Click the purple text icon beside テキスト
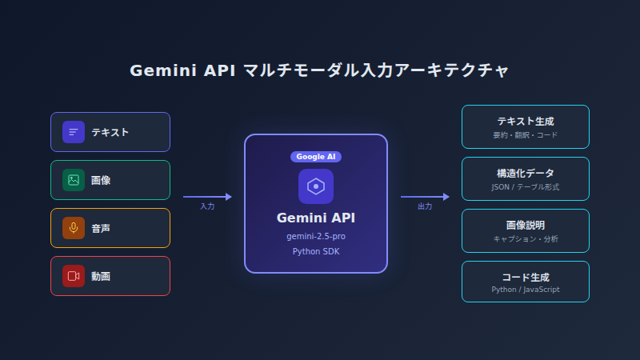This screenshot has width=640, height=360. pyautogui.click(x=74, y=132)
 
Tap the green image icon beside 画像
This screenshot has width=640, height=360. pyautogui.click(x=74, y=180)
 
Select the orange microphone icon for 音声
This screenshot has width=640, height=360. pyautogui.click(x=74, y=228)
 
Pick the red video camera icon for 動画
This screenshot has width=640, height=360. pyautogui.click(x=74, y=276)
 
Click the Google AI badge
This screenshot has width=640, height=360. pyautogui.click(x=316, y=157)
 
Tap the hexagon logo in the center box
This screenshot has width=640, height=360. pyautogui.click(x=316, y=186)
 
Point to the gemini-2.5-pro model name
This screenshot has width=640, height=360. pyautogui.click(x=316, y=236)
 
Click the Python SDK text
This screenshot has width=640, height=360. pyautogui.click(x=316, y=251)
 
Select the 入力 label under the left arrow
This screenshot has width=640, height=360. pyautogui.click(x=207, y=206)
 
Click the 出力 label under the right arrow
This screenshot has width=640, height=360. pyautogui.click(x=425, y=206)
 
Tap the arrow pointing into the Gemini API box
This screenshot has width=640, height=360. pyautogui.click(x=207, y=196)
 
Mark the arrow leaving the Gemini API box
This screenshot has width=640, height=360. pyautogui.click(x=425, y=196)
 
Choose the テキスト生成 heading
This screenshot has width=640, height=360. pyautogui.click(x=526, y=122)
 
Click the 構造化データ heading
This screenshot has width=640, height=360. pyautogui.click(x=526, y=174)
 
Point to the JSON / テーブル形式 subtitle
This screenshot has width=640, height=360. pyautogui.click(x=526, y=186)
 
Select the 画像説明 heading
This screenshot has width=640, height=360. pyautogui.click(x=526, y=226)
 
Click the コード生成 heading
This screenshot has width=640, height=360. pyautogui.click(x=526, y=277)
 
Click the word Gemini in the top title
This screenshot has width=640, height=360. pyautogui.click(x=163, y=71)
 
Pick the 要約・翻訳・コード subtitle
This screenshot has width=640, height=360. pyautogui.click(x=526, y=135)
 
